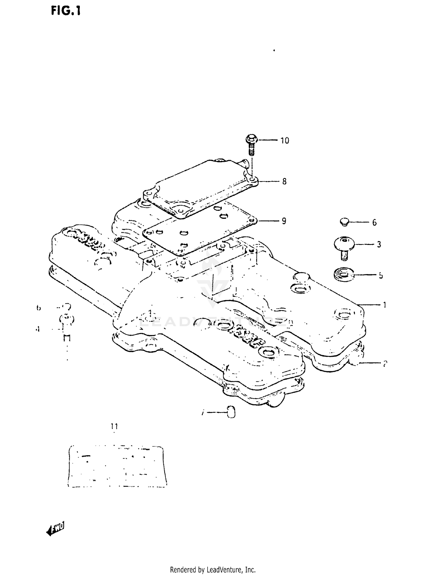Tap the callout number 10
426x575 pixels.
pos(285,140)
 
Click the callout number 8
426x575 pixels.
pos(284,181)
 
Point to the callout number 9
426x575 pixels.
pos(284,221)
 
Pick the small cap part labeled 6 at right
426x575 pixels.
pos(344,222)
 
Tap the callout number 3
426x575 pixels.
pos(379,244)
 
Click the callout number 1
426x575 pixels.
pos(385,305)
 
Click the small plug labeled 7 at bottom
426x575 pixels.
pos(231,412)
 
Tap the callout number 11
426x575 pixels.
pos(114,426)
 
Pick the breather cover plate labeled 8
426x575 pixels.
pos(199,187)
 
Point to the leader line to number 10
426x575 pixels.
pos(267,140)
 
